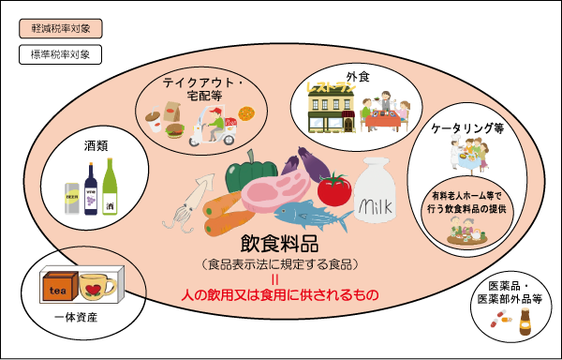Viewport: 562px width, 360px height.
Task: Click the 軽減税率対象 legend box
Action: [x=61, y=29]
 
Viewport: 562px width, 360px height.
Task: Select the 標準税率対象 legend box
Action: [x=61, y=54]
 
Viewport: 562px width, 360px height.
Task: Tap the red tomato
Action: [x=334, y=189]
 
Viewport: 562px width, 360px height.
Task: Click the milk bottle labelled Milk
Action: [x=376, y=190]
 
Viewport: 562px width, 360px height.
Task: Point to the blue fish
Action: [x=313, y=216]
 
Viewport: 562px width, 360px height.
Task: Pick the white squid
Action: [x=189, y=202]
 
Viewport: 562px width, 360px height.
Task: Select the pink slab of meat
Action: [x=276, y=191]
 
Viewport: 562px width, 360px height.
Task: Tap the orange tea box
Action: [x=60, y=286]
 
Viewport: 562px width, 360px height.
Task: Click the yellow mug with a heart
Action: [x=97, y=287]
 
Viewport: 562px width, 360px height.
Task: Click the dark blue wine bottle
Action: [x=91, y=189]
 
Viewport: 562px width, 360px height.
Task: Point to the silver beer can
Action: [x=72, y=199]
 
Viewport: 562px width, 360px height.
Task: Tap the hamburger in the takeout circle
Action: [x=175, y=130]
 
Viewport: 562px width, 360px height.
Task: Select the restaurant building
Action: [x=332, y=109]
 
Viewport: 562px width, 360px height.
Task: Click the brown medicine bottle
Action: [x=525, y=322]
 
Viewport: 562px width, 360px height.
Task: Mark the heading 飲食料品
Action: [x=279, y=244]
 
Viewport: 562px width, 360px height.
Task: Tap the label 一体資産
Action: [x=76, y=318]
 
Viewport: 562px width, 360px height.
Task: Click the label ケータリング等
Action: [x=467, y=128]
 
